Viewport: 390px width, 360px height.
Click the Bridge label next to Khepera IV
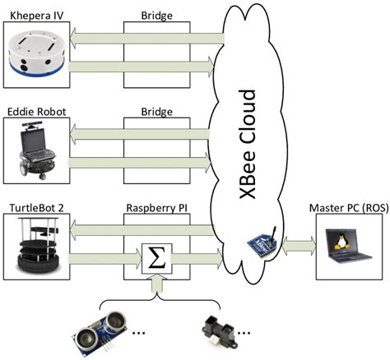tap(157, 14)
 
